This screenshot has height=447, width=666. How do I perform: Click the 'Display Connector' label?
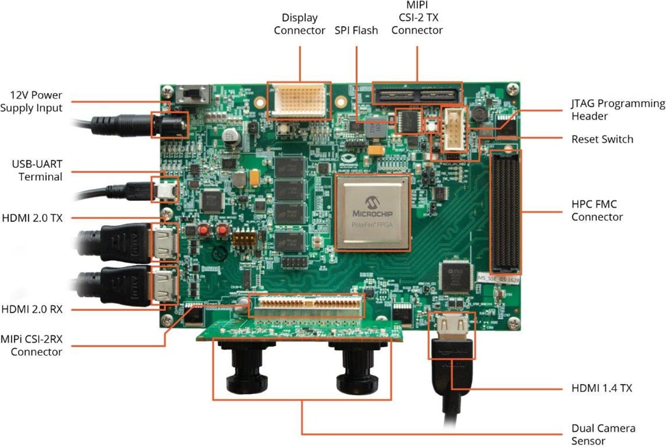click(299, 24)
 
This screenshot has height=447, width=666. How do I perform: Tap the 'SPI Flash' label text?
click(356, 30)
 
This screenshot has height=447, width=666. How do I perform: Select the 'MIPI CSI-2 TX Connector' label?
click(417, 18)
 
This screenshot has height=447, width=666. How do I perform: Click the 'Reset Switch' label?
click(602, 139)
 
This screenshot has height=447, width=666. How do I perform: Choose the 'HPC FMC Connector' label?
click(597, 210)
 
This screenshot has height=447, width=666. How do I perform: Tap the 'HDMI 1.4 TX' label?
click(601, 388)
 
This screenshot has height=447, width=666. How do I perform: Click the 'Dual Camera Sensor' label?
click(603, 434)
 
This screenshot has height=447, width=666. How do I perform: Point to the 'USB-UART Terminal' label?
click(37, 171)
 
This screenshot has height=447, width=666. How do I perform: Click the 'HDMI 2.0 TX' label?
click(32, 218)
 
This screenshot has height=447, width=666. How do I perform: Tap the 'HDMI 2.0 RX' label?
click(32, 308)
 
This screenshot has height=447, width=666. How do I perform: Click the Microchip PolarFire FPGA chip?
click(372, 213)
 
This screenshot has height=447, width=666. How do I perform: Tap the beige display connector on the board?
click(298, 99)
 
